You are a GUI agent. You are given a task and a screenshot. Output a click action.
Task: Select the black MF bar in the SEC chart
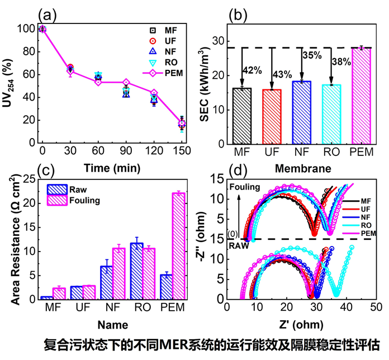click(242, 115)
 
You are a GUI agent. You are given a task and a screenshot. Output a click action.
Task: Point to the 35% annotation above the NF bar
click(312, 55)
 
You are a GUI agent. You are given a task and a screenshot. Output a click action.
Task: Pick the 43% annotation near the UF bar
click(283, 73)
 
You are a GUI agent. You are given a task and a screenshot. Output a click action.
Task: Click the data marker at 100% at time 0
click(42, 29)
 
